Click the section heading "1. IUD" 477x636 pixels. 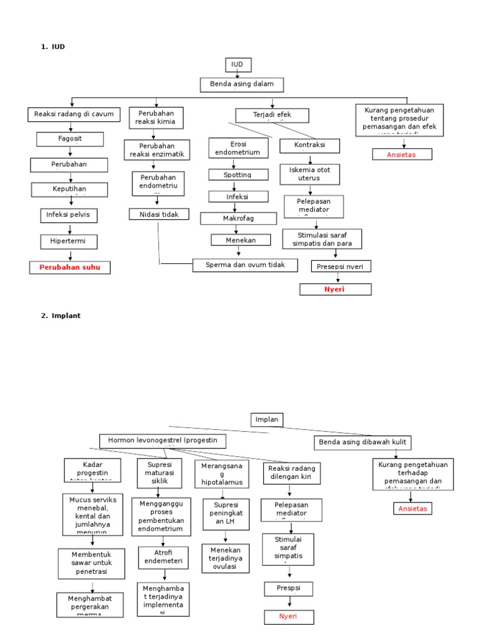coord(53,46)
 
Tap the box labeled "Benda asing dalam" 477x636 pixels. coord(242,85)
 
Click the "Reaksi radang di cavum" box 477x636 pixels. coord(74,114)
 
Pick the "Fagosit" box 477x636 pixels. coord(70,139)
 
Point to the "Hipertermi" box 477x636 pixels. coord(70,241)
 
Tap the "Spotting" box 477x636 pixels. coord(238,175)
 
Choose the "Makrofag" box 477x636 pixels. coord(238,219)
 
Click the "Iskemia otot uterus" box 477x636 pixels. coord(309,174)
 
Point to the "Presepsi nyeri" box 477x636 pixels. coord(340,266)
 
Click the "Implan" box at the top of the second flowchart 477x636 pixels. coord(266,420)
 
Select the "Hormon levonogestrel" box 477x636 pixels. coord(163,441)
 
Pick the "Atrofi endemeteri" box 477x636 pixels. coord(158,556)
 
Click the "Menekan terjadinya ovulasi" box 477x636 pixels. coord(225,558)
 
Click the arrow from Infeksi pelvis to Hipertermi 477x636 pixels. coord(70,228)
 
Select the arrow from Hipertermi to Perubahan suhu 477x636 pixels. coord(70,255)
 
